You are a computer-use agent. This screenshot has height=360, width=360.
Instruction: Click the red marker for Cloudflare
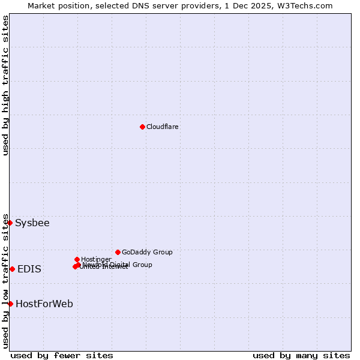142,127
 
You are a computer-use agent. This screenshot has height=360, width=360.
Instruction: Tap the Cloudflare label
163,127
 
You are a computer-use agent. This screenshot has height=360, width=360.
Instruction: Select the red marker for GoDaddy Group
118,252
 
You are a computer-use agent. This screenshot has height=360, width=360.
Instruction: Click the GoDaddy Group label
147,252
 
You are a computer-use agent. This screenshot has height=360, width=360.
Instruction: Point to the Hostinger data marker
77,259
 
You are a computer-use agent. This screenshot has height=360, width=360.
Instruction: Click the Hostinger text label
96,259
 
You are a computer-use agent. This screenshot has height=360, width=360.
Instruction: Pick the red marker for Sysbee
10,223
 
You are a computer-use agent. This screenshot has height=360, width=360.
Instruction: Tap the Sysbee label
32,223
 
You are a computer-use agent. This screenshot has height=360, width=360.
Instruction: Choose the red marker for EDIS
12,269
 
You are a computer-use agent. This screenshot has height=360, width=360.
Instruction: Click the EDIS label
29,269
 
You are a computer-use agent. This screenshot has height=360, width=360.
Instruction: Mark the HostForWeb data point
10,304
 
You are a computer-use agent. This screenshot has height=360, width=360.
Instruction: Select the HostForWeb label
44,304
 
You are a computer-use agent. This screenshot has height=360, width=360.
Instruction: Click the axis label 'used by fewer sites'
62,355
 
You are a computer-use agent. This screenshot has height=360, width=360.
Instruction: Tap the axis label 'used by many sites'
301,355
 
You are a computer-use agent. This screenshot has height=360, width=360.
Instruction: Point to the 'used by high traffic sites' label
6,85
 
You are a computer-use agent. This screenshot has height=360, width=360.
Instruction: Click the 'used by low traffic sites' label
6,281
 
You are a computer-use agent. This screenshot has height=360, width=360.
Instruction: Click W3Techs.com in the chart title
308,5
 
